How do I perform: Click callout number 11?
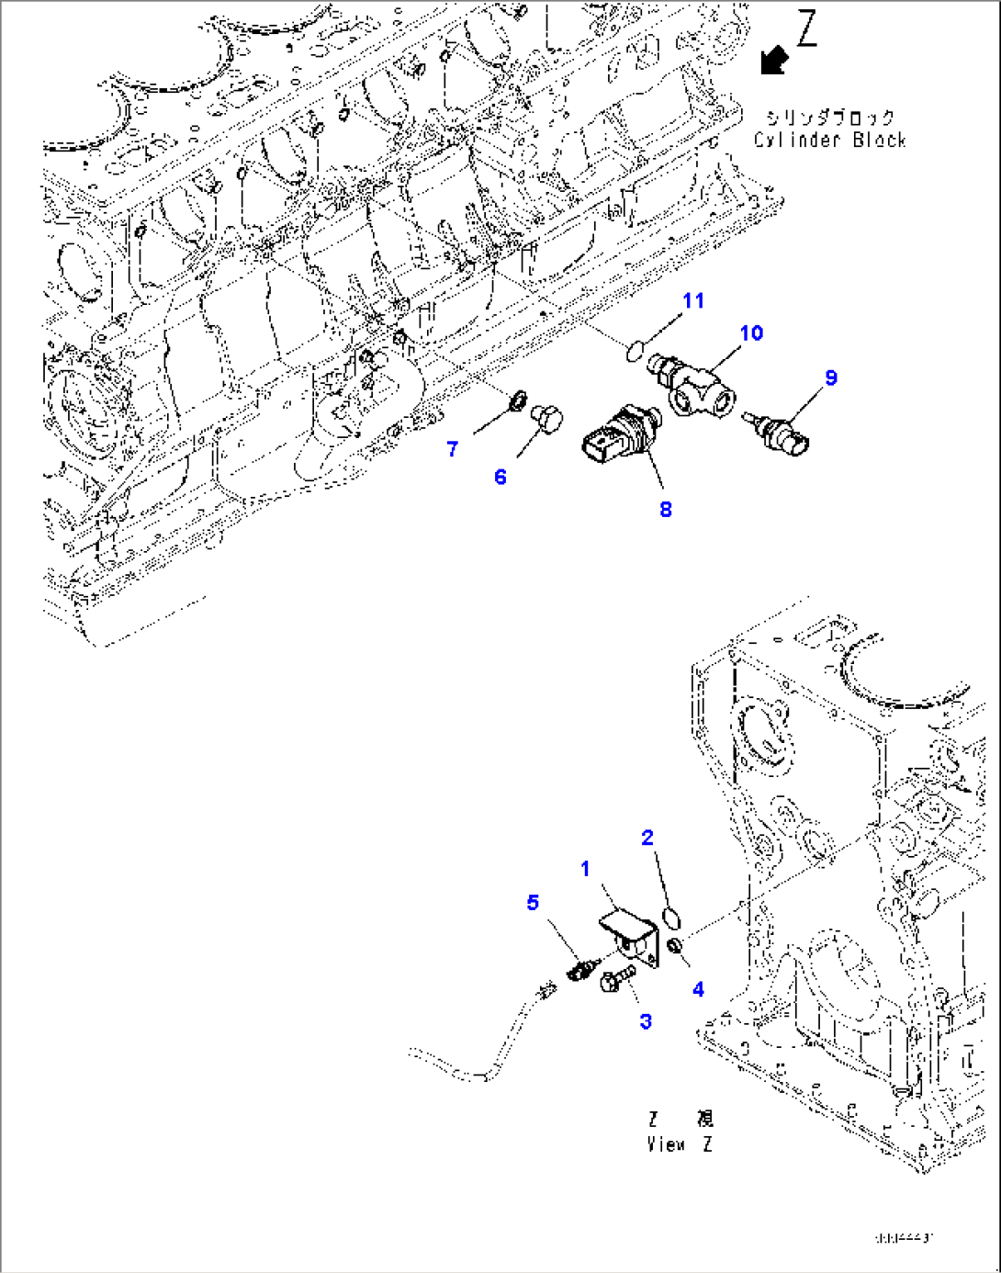coord(693,301)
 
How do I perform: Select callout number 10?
coord(751,333)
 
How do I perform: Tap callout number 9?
coord(830,377)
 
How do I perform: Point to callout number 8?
coord(666,510)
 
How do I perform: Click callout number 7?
coord(453,449)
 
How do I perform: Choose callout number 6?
coord(500,477)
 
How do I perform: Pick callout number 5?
coord(533,903)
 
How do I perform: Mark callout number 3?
coord(646,1021)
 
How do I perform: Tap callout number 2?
coord(647,838)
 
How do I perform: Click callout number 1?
coord(585,869)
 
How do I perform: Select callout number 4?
coord(699,989)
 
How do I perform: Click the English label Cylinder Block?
coord(829,141)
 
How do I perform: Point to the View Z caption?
coord(680,1144)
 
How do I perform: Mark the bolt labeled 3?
coord(616,979)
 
